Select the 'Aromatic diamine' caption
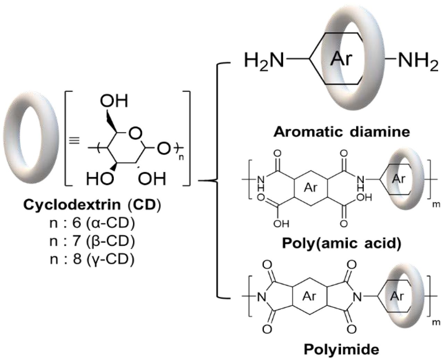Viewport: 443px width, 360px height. coord(341,132)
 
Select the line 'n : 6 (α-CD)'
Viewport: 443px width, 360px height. coord(92,223)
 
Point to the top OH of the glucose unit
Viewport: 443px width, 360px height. coord(114,101)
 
